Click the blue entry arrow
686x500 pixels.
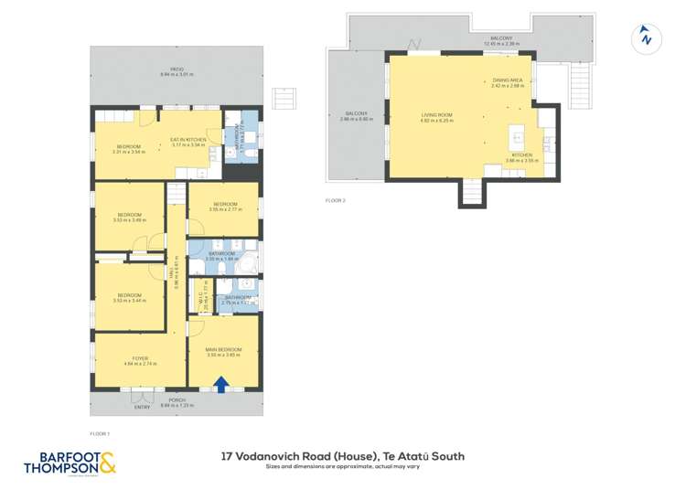(220, 385)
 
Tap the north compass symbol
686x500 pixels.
(647, 37)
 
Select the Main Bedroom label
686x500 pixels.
(224, 351)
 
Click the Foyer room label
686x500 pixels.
(140, 360)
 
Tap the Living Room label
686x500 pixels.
(436, 117)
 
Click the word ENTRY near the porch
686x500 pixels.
(143, 407)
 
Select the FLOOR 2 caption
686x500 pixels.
(335, 200)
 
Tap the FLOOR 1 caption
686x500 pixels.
(100, 432)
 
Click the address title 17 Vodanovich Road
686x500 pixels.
(343, 456)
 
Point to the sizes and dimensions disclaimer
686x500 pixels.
(343, 467)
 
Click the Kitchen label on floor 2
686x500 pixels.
(521, 157)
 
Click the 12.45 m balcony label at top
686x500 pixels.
(501, 40)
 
